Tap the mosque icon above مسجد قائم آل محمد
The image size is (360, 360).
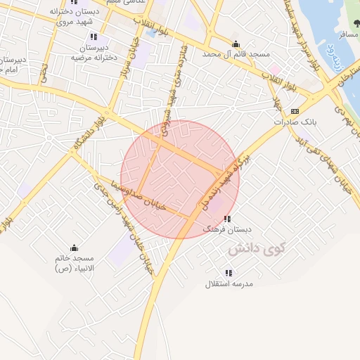coord(235,44)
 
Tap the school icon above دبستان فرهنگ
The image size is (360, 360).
coord(227,219)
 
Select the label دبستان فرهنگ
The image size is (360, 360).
coord(226,229)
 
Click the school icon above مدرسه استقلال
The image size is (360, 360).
coord(229,273)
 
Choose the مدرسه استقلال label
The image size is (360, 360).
coord(229,283)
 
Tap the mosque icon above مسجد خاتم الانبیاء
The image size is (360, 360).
coord(75,247)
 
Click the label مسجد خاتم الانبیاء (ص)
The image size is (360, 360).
coord(75,263)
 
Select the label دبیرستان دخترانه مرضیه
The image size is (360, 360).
coord(94,53)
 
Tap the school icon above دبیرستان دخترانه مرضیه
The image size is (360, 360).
coord(94,37)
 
